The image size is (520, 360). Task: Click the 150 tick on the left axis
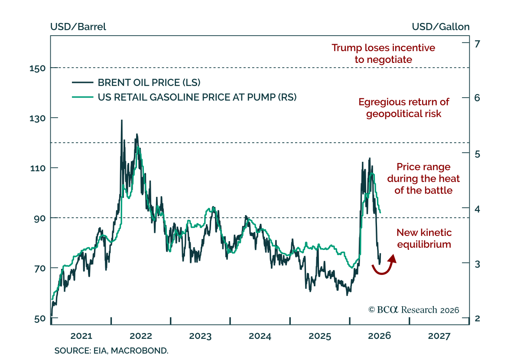click(54, 68)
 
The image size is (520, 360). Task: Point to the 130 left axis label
click(37, 118)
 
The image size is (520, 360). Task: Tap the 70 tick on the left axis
click(54, 268)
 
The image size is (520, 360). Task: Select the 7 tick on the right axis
click(466, 43)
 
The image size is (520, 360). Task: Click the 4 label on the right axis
click(477, 209)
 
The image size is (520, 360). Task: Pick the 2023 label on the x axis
click(200, 336)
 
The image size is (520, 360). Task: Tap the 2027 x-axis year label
click(439, 336)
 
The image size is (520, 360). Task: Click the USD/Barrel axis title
click(78, 27)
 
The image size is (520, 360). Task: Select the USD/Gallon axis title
click(441, 27)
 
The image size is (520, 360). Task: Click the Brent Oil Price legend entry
click(136, 82)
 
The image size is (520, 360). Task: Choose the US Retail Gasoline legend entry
click(184, 97)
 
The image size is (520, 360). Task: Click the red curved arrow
click(384, 271)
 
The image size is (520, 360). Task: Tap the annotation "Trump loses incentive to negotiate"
click(383, 54)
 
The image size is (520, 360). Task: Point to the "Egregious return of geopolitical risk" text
click(404, 108)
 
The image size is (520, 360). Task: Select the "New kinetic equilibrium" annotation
click(424, 239)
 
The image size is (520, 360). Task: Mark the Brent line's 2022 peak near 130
click(122, 121)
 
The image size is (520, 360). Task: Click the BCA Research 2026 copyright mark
click(414, 310)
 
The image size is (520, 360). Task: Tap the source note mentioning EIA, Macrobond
click(111, 351)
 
